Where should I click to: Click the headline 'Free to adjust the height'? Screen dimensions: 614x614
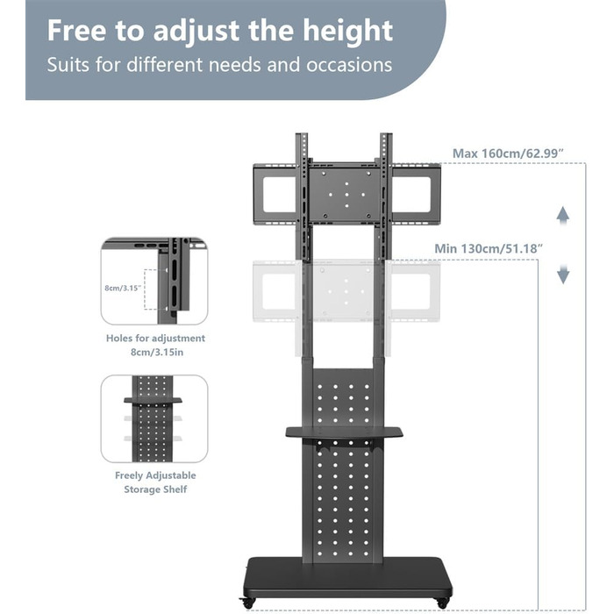(219, 32)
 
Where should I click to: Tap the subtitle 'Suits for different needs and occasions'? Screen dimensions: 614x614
(219, 65)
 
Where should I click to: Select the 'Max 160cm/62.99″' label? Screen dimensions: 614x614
(508, 153)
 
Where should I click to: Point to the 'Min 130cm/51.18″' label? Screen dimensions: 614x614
(489, 248)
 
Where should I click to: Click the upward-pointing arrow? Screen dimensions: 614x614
(563, 216)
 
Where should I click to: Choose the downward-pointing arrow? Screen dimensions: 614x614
(563, 274)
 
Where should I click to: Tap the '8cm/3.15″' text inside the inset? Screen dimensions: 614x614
(123, 288)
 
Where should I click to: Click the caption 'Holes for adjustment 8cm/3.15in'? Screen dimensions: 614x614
(155, 345)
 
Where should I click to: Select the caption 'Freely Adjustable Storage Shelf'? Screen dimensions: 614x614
(155, 482)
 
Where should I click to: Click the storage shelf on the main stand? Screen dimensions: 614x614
(344, 432)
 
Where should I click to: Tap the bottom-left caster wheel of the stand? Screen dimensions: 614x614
(248, 603)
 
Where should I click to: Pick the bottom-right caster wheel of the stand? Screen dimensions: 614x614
(443, 603)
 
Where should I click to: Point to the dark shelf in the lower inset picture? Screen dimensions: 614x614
(153, 400)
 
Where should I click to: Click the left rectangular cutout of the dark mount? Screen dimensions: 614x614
(279, 195)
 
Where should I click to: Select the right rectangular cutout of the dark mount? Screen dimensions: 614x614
(411, 195)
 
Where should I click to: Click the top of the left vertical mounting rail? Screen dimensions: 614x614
(301, 135)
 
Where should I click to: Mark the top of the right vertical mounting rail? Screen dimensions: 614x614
(386, 135)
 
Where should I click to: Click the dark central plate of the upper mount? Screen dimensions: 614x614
(346, 194)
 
